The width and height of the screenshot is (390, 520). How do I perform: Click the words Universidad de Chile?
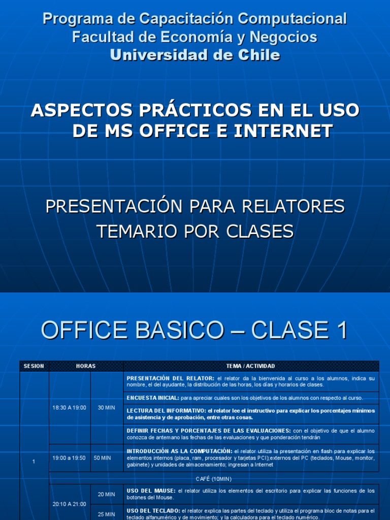click(195, 55)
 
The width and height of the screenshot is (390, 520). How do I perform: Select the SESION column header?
click(34, 366)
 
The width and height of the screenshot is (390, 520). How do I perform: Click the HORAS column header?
click(86, 366)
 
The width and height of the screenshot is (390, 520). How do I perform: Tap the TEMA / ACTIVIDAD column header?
click(251, 366)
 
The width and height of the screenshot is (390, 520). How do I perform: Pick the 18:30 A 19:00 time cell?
click(69, 407)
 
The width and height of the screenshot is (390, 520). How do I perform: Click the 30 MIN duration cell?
click(107, 407)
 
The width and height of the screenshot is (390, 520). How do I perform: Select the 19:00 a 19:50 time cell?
click(69, 458)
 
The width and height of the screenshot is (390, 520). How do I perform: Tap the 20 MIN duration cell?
click(107, 494)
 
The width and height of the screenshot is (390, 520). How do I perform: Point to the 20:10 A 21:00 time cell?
click(69, 504)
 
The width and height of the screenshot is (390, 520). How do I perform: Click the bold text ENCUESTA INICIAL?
click(153, 398)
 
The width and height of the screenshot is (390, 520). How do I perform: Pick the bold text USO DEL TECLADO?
click(153, 510)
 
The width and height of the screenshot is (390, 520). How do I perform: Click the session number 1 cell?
click(34, 461)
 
